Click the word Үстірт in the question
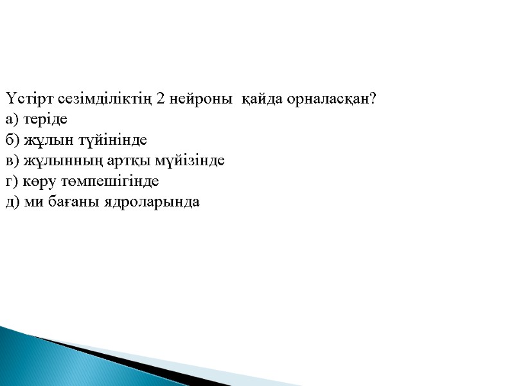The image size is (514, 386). click(24, 99)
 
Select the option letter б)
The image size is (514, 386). click(13, 140)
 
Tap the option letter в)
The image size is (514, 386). click(13, 161)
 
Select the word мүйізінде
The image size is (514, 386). click(187, 161)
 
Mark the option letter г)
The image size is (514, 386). click(12, 181)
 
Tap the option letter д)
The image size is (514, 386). click(13, 202)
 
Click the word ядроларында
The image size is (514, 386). click(152, 202)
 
